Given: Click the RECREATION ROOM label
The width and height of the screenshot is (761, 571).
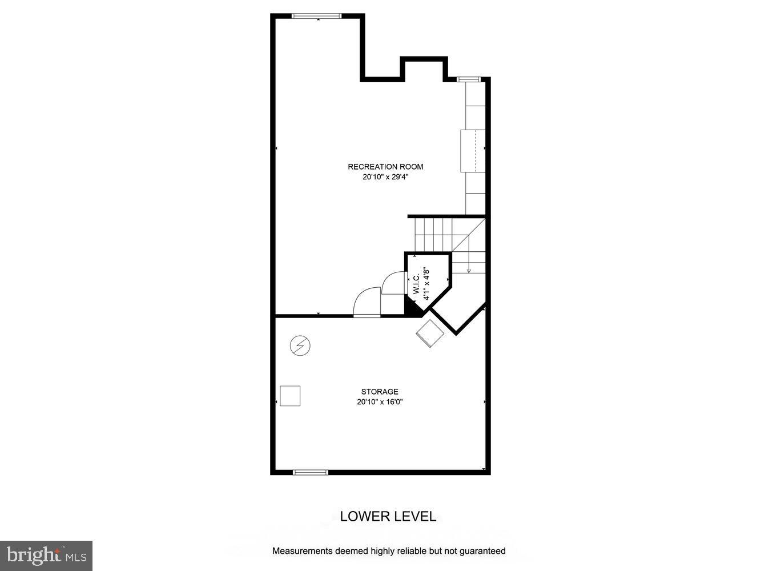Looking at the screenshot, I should click(x=385, y=167).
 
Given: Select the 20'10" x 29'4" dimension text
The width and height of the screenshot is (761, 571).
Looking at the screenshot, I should click(x=385, y=177).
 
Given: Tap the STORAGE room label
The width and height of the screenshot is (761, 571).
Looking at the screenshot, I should click(x=380, y=392).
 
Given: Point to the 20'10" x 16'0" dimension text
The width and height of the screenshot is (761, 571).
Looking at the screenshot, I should click(x=380, y=402).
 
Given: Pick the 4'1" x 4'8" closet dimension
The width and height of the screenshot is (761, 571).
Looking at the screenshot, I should click(x=426, y=284).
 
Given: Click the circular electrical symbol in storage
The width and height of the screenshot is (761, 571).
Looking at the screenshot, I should click(x=300, y=346).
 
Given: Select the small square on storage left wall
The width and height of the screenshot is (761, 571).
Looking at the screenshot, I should click(x=290, y=396).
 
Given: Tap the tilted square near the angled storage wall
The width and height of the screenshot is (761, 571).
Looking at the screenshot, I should click(x=430, y=333).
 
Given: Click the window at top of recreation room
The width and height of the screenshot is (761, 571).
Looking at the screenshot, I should click(x=317, y=16).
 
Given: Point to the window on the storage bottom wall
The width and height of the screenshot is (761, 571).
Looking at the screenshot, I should click(x=311, y=472).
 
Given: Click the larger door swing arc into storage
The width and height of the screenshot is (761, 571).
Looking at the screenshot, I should click(x=367, y=303).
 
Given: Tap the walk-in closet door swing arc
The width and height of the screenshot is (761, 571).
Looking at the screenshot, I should click(x=393, y=283).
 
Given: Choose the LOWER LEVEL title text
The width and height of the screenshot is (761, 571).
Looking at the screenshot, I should click(x=388, y=517).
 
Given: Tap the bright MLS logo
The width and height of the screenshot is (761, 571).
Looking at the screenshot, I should click(x=46, y=556).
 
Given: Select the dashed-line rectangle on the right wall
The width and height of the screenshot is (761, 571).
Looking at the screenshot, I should click(x=473, y=151).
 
